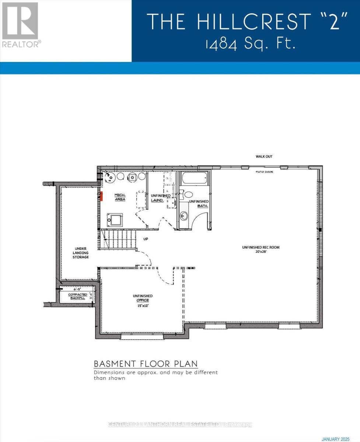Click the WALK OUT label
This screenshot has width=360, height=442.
point(264,157)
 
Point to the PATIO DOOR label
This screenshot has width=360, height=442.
point(265,172)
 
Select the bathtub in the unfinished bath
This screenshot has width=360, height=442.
point(194,179)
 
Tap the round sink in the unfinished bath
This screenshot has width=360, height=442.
point(184,215)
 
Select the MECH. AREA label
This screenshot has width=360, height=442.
point(120,197)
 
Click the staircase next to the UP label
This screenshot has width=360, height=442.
point(118,239)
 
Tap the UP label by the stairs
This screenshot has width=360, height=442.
point(146,239)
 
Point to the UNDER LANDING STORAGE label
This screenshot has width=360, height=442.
point(80,253)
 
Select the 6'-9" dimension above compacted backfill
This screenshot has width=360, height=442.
point(76,289)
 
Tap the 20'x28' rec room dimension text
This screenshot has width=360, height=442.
point(261,252)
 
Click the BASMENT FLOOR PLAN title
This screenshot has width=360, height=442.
point(146,364)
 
